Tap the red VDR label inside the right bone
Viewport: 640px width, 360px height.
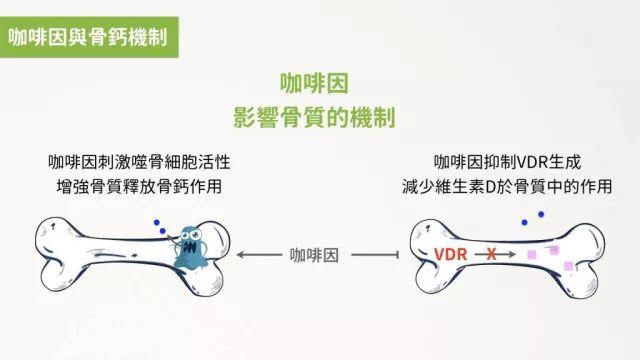pos(451,255)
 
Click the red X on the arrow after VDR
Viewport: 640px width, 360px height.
pos(491,255)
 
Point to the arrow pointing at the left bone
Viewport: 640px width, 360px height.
pos(262,255)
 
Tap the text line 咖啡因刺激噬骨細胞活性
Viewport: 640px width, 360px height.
pos(145,162)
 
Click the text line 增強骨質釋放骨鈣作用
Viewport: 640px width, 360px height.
pos(145,186)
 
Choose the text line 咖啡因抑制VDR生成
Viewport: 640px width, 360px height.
pos(507,162)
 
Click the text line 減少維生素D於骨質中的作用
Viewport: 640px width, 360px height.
pos(507,186)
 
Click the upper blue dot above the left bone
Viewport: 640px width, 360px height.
pos(156,224)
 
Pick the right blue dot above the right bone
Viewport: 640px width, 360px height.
pos(540,213)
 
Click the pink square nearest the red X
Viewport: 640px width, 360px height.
pos(533,255)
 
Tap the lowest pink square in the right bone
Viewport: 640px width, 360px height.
pos(568,265)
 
